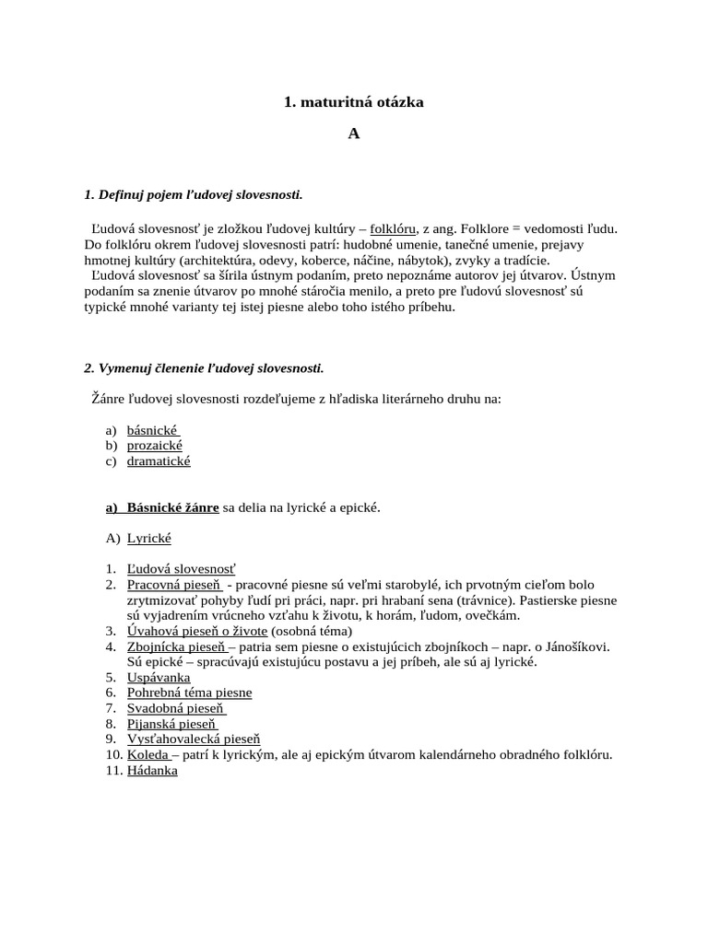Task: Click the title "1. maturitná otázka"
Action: coord(353,102)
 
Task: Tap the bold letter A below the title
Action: coord(353,134)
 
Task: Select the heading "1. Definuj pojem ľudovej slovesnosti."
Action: coord(193,194)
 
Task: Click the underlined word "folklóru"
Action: coord(394,228)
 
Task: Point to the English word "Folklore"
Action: coord(501,228)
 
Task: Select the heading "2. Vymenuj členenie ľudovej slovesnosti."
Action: coord(204,368)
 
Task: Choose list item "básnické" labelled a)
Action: coord(152,430)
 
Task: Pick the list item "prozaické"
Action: coord(154,446)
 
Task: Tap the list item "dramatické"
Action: coord(159,461)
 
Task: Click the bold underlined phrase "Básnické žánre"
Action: coord(172,507)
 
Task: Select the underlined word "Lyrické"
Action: coord(148,538)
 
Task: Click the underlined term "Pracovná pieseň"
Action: coord(175,585)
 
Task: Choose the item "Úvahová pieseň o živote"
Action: coord(197,631)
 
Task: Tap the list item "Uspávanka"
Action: coord(159,678)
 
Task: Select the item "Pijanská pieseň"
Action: coord(171,724)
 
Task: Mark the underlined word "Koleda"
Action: coord(147,755)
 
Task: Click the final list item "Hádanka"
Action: coord(152,771)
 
